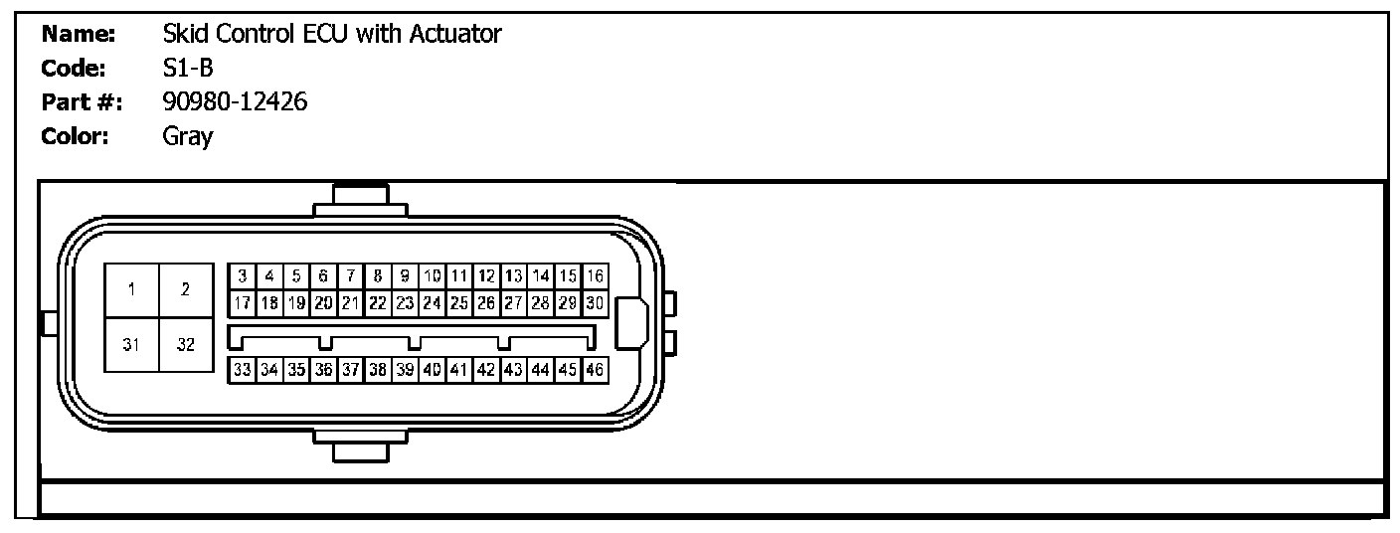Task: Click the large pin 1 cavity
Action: point(131,290)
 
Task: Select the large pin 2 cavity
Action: point(186,290)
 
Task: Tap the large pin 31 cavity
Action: point(131,345)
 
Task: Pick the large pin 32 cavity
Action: point(186,345)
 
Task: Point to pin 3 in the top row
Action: point(242,275)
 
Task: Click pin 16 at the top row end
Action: point(595,275)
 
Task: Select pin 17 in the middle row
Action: point(242,302)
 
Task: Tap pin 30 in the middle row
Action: point(595,302)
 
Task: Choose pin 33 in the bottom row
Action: point(242,369)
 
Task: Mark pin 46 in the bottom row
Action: point(595,369)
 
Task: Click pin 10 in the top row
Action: point(433,275)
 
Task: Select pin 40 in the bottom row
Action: point(433,369)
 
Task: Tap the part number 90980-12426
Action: point(235,101)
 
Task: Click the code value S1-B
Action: point(188,68)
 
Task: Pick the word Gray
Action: point(187,136)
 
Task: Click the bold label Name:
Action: point(80,34)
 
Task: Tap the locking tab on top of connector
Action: point(360,199)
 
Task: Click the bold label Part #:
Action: point(82,101)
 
